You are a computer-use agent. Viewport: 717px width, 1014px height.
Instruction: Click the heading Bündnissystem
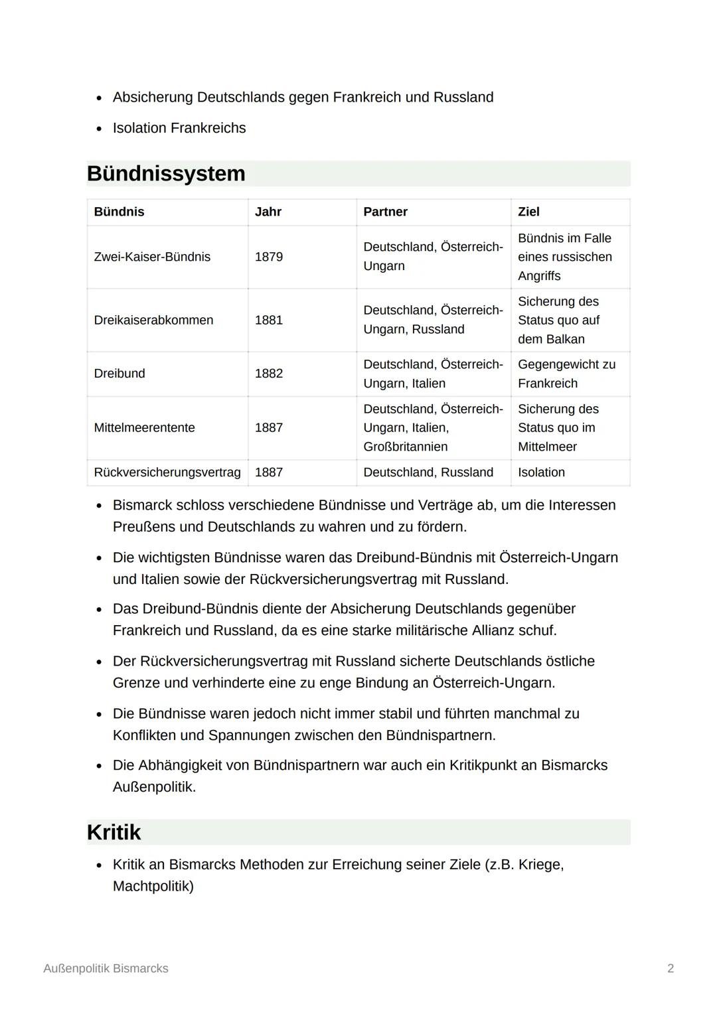166,174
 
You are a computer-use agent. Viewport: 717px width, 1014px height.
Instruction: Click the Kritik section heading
114,832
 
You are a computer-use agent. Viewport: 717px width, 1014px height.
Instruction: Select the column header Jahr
268,212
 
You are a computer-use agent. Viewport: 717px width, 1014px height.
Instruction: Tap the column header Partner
385,212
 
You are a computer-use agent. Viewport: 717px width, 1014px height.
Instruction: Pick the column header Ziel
528,212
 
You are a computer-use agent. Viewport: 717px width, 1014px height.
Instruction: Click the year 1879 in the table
269,257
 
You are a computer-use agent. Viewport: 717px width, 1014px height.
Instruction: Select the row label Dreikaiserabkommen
153,320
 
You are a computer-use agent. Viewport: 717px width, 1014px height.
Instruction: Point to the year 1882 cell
269,374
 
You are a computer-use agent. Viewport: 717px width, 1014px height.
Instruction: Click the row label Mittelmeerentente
144,428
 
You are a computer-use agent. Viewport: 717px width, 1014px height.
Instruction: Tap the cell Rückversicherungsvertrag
167,472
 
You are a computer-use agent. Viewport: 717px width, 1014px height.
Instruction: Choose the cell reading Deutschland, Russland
428,472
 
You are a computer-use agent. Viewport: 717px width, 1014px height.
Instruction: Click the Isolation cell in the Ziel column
541,472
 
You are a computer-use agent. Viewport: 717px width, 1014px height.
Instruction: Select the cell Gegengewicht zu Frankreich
566,374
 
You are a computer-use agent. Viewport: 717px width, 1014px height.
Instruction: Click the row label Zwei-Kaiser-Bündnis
152,257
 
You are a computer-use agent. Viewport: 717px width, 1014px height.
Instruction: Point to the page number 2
671,968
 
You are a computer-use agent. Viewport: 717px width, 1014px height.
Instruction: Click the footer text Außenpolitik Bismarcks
106,968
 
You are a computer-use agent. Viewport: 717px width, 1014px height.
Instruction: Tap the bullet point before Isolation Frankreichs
99,129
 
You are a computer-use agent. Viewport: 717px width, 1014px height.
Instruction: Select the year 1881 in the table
269,320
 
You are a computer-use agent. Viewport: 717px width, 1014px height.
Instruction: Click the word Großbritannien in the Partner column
405,447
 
